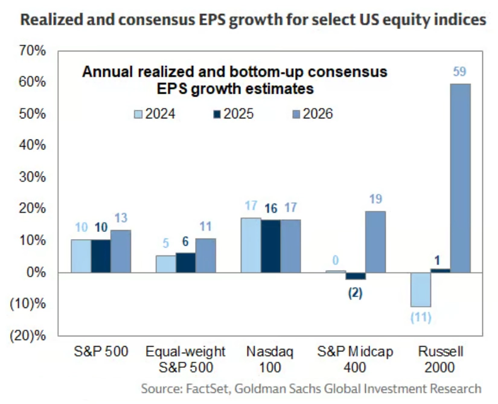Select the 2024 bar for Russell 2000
421,290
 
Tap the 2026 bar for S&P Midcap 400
375,242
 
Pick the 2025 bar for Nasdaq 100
271,246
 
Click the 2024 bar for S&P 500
81,256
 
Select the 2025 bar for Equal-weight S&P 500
185,263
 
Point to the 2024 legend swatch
138,114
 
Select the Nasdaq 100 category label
272,358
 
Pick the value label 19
375,200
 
